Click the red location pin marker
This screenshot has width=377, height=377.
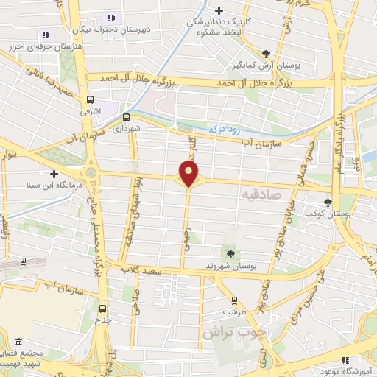click(x=189, y=174)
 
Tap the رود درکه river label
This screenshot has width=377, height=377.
click(x=223, y=127)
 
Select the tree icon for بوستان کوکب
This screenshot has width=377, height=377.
click(x=328, y=202)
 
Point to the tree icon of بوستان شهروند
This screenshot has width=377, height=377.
click(x=231, y=254)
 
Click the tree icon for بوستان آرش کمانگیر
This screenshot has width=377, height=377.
click(x=266, y=53)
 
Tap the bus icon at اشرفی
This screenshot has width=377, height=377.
click(x=91, y=99)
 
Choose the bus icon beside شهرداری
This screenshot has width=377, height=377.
click(x=126, y=116)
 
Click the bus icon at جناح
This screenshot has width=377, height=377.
click(x=102, y=309)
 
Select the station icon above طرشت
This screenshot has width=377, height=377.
click(x=234, y=300)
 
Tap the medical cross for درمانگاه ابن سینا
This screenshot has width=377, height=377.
click(x=54, y=174)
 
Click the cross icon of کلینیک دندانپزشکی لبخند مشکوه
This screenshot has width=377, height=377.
click(x=219, y=10)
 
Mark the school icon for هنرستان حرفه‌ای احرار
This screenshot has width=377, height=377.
click(x=45, y=34)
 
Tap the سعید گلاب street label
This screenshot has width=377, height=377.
click(x=153, y=272)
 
